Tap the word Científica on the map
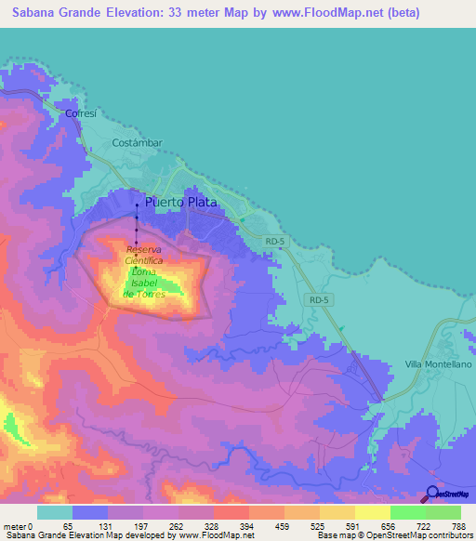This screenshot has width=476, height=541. coord(144,262)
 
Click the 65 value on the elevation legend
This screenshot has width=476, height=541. coord(67,526)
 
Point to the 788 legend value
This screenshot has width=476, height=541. coord(458,526)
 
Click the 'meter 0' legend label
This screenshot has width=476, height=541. coord(19,526)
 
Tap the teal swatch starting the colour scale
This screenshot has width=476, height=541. coord(55,512)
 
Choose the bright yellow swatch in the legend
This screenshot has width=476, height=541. coord(373,512)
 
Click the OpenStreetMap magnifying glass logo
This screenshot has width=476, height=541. coord(431,494)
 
